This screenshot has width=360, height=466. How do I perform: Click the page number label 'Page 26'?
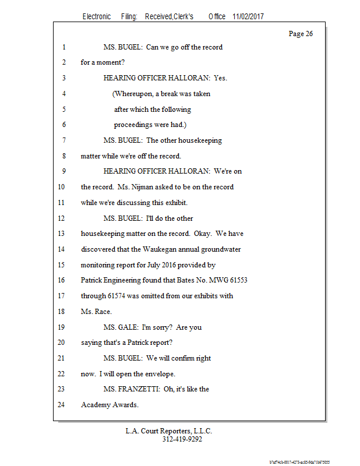[x=301, y=34]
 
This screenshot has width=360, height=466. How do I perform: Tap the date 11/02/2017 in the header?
[x=248, y=17]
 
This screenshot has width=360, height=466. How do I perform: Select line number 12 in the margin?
[x=62, y=218]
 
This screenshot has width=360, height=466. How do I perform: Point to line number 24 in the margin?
[x=62, y=405]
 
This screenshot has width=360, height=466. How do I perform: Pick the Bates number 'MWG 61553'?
[x=228, y=280]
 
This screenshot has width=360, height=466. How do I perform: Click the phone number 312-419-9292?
[x=182, y=439]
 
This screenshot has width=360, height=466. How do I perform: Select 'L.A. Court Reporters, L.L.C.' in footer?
[x=169, y=431]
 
